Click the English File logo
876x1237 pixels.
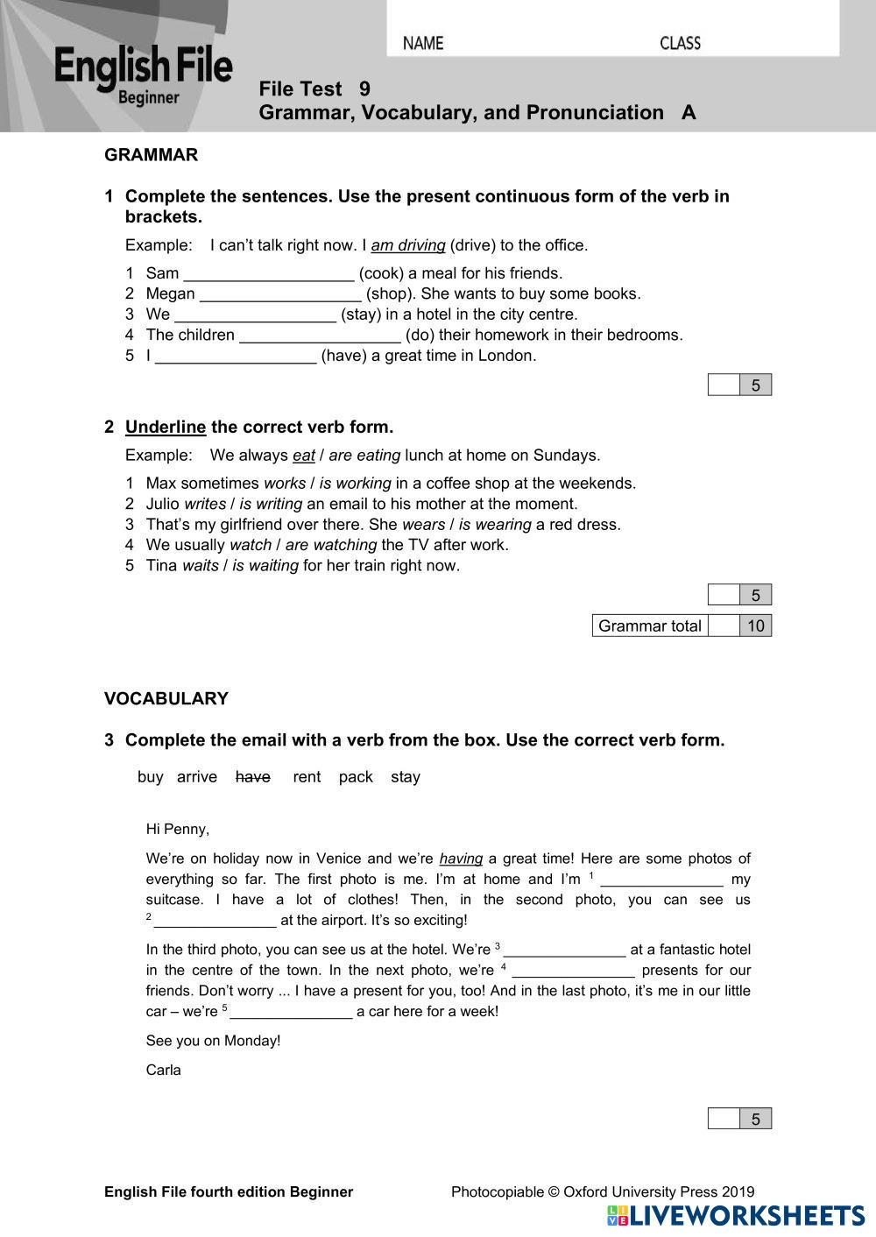tap(143, 74)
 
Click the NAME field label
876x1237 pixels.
tap(423, 43)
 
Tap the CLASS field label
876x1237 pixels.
tap(680, 43)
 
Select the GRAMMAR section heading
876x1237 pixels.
tap(151, 155)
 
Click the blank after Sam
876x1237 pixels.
tap(268, 273)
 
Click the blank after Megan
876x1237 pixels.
tap(280, 293)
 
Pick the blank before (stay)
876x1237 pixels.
tap(255, 315)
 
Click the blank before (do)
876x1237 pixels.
tap(320, 335)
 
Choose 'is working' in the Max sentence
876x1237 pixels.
tap(355, 484)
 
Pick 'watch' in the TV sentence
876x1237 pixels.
tap(251, 545)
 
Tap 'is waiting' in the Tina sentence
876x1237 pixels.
tap(265, 566)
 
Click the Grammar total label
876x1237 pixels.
tap(649, 626)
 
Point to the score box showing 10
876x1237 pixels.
tap(755, 626)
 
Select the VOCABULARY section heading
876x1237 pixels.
tap(166, 698)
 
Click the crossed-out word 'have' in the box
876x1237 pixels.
tap(253, 777)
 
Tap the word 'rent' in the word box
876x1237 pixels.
tap(307, 777)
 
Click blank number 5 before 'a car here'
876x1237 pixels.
tap(291, 1012)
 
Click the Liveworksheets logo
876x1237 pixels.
tap(736, 1215)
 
